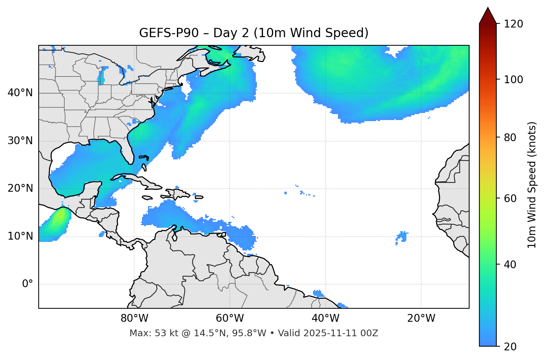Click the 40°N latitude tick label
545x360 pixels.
tap(20, 93)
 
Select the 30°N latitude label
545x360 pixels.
tap(20, 141)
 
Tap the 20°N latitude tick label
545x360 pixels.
tap(20, 188)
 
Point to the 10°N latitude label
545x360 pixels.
tap(20, 236)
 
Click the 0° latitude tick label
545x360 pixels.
tap(28, 284)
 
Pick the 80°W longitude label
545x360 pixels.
tap(134, 318)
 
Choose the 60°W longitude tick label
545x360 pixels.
tap(230, 318)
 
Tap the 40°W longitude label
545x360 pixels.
tap(325, 318)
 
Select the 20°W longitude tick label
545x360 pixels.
tap(421, 318)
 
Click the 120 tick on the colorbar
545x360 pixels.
tap(513, 24)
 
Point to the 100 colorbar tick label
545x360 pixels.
tap(513, 80)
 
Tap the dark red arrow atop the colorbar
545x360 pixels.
tap(488, 16)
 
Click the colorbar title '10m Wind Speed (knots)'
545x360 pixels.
tap(532, 185)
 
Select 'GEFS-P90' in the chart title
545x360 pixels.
tap(164, 33)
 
